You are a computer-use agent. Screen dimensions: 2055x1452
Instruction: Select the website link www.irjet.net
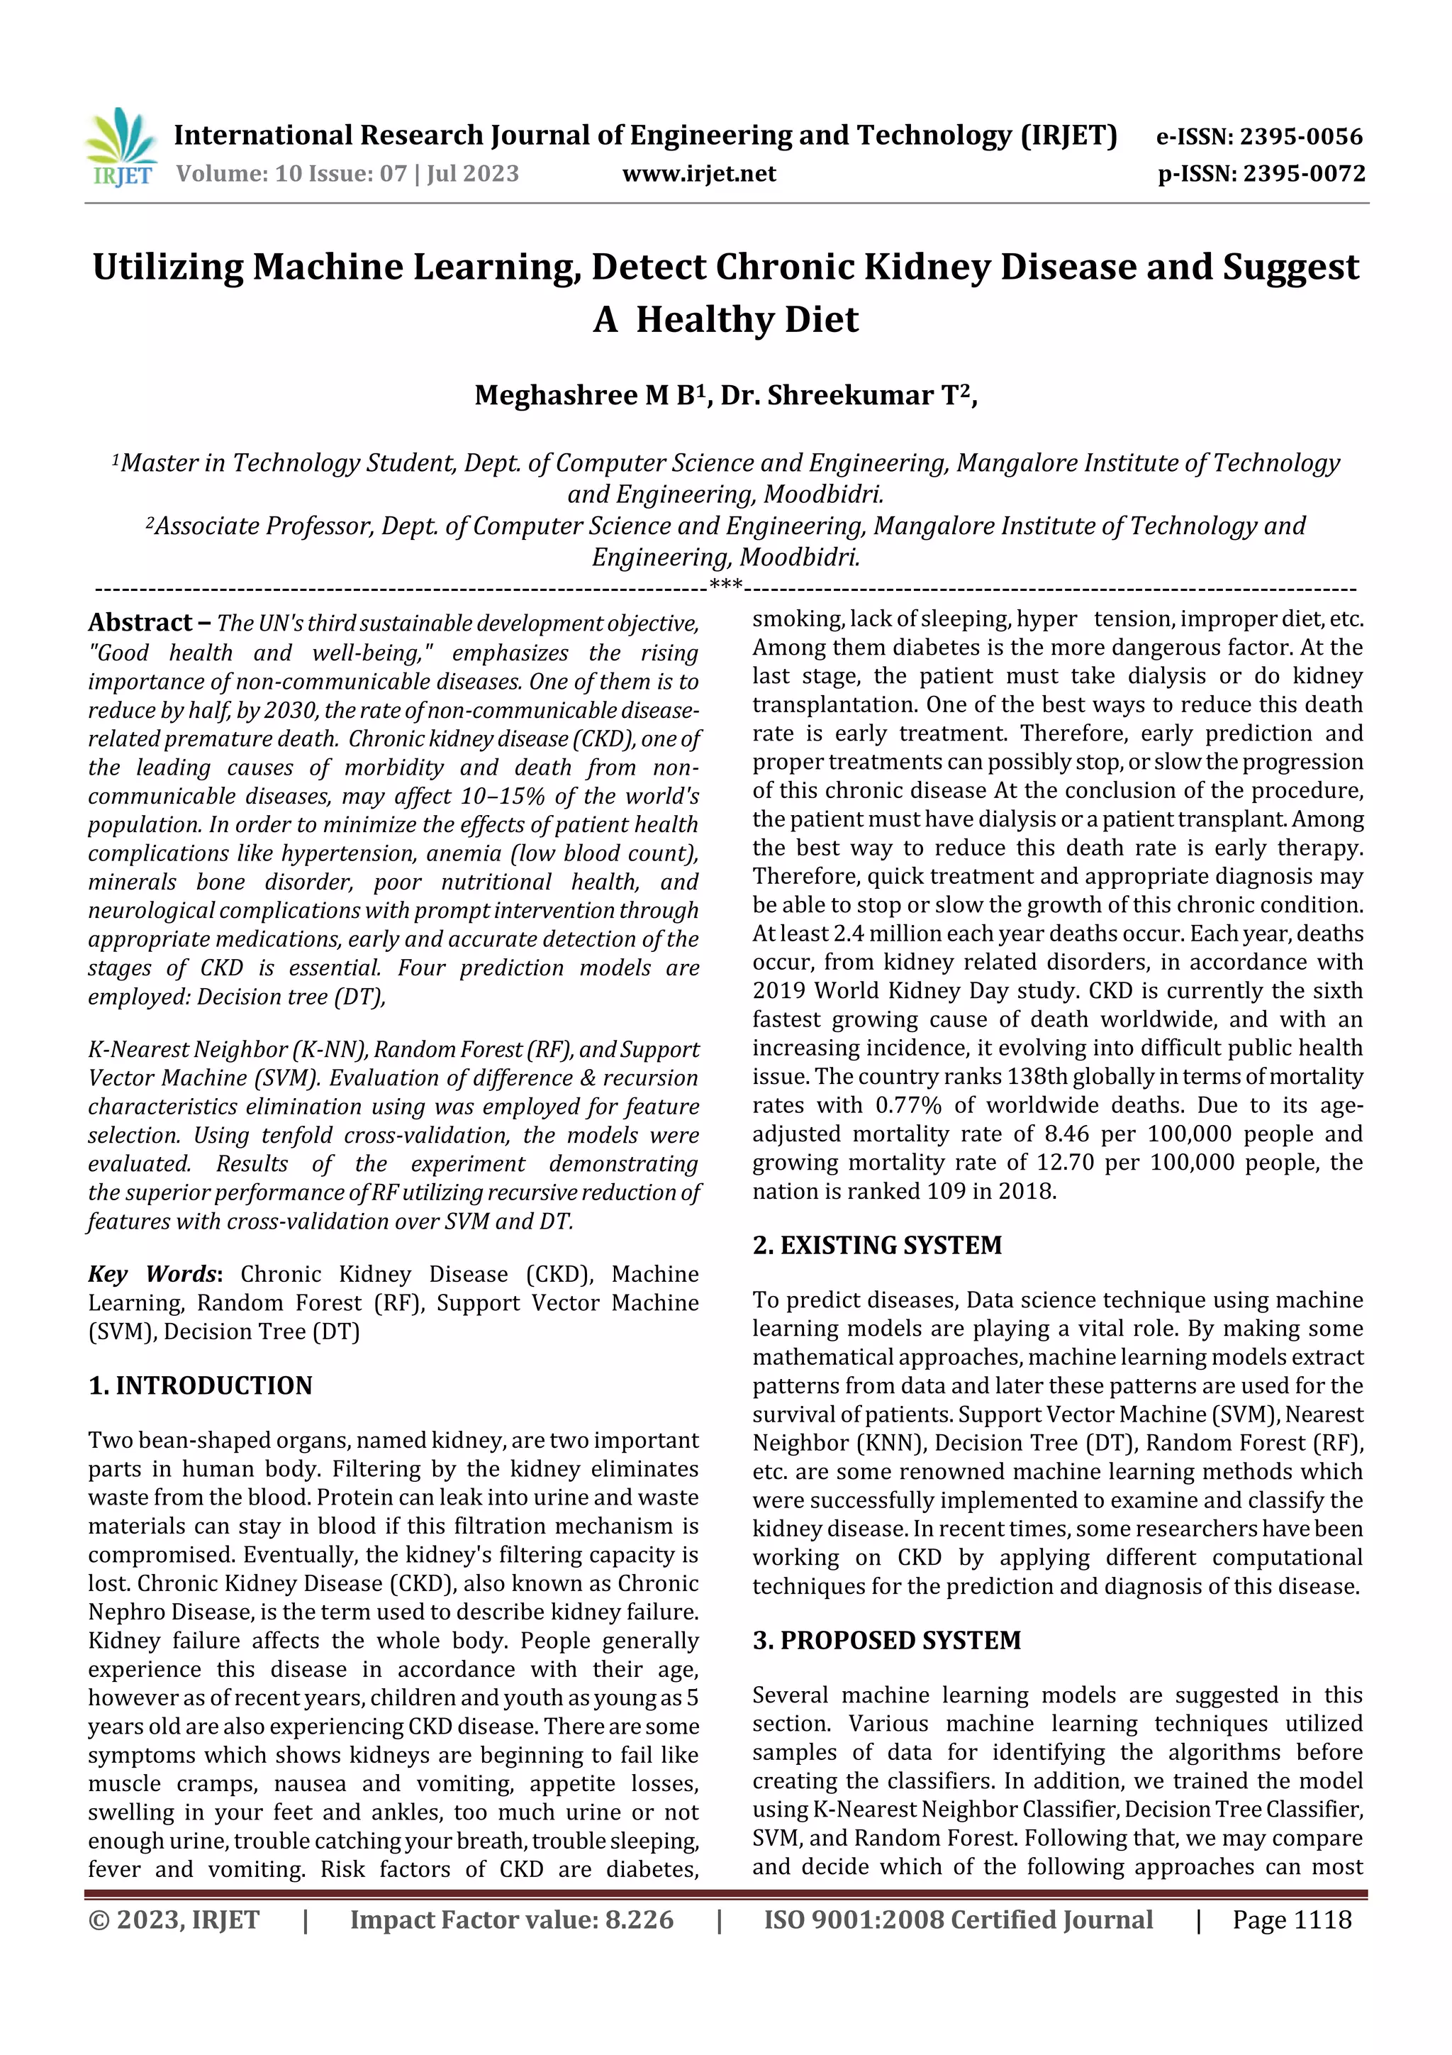click(699, 174)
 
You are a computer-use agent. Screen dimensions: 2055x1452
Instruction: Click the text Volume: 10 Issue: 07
click(291, 174)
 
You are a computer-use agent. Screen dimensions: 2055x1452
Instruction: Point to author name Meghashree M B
click(585, 394)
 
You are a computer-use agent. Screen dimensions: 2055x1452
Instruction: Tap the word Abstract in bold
click(140, 622)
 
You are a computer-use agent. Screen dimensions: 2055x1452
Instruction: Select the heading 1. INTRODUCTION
click(201, 1385)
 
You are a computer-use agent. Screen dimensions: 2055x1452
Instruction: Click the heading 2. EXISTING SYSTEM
click(877, 1245)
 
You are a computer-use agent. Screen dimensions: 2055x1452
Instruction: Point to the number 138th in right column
click(1044, 1077)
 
